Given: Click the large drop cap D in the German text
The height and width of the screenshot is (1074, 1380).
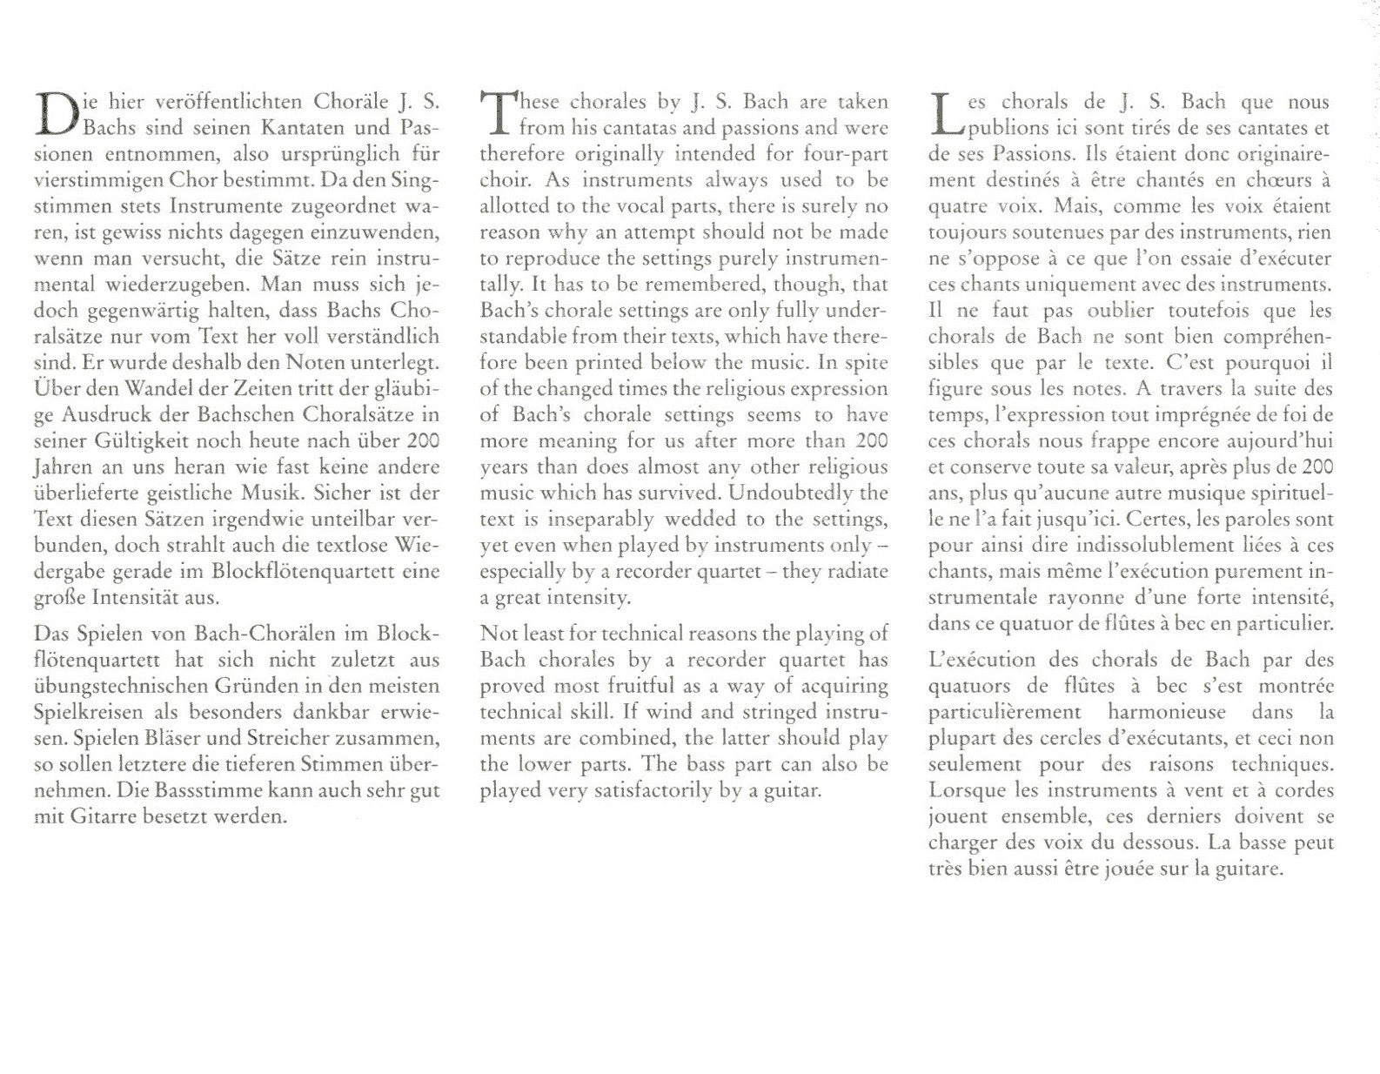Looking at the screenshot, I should (55, 114).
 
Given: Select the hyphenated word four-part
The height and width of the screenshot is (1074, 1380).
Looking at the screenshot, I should (844, 155).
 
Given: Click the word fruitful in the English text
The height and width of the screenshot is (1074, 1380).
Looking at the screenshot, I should (624, 687).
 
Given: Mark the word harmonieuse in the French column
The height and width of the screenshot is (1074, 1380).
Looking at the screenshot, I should (1153, 712).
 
